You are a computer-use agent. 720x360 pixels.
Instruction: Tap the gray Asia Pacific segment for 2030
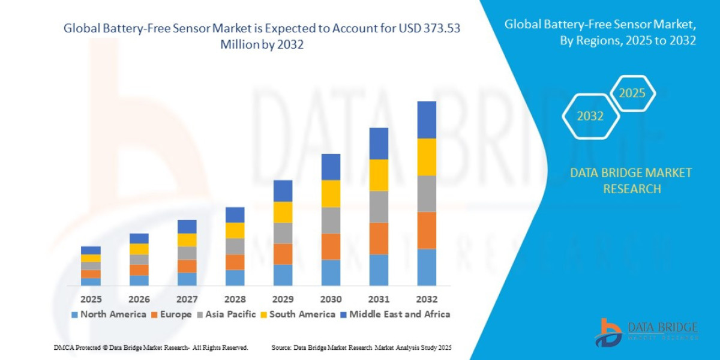pyautogui.click(x=331, y=220)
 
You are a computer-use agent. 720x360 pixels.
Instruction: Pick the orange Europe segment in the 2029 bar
pyautogui.click(x=283, y=254)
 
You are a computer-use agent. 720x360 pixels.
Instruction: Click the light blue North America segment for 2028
pyautogui.click(x=235, y=277)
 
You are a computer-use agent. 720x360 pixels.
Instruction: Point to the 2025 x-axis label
pyautogui.click(x=91, y=299)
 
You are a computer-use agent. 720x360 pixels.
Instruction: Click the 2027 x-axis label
pyautogui.click(x=187, y=299)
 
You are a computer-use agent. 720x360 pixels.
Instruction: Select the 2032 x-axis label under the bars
pyautogui.click(x=427, y=299)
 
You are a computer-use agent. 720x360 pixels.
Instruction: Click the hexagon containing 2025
pyautogui.click(x=632, y=94)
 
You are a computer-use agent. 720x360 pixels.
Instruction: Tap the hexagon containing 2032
pyautogui.click(x=590, y=116)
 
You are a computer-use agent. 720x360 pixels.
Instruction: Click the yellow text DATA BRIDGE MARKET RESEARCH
pyautogui.click(x=631, y=181)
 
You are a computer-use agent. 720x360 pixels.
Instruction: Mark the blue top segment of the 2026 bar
pyautogui.click(x=139, y=238)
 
